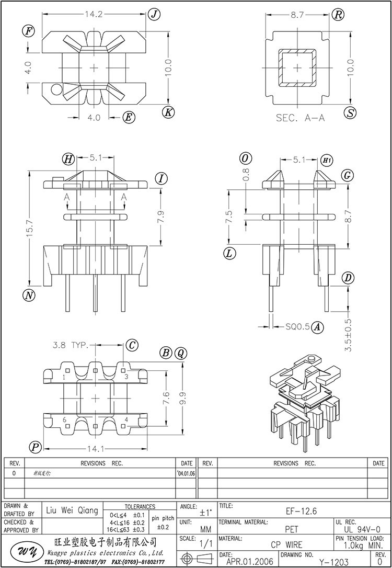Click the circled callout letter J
[154, 14]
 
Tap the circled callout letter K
[168, 111]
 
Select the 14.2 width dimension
[95, 15]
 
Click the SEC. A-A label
[300, 118]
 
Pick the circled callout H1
[327, 159]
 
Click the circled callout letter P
[36, 447]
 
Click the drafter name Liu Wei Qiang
[72, 510]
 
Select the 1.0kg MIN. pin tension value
[362, 544]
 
